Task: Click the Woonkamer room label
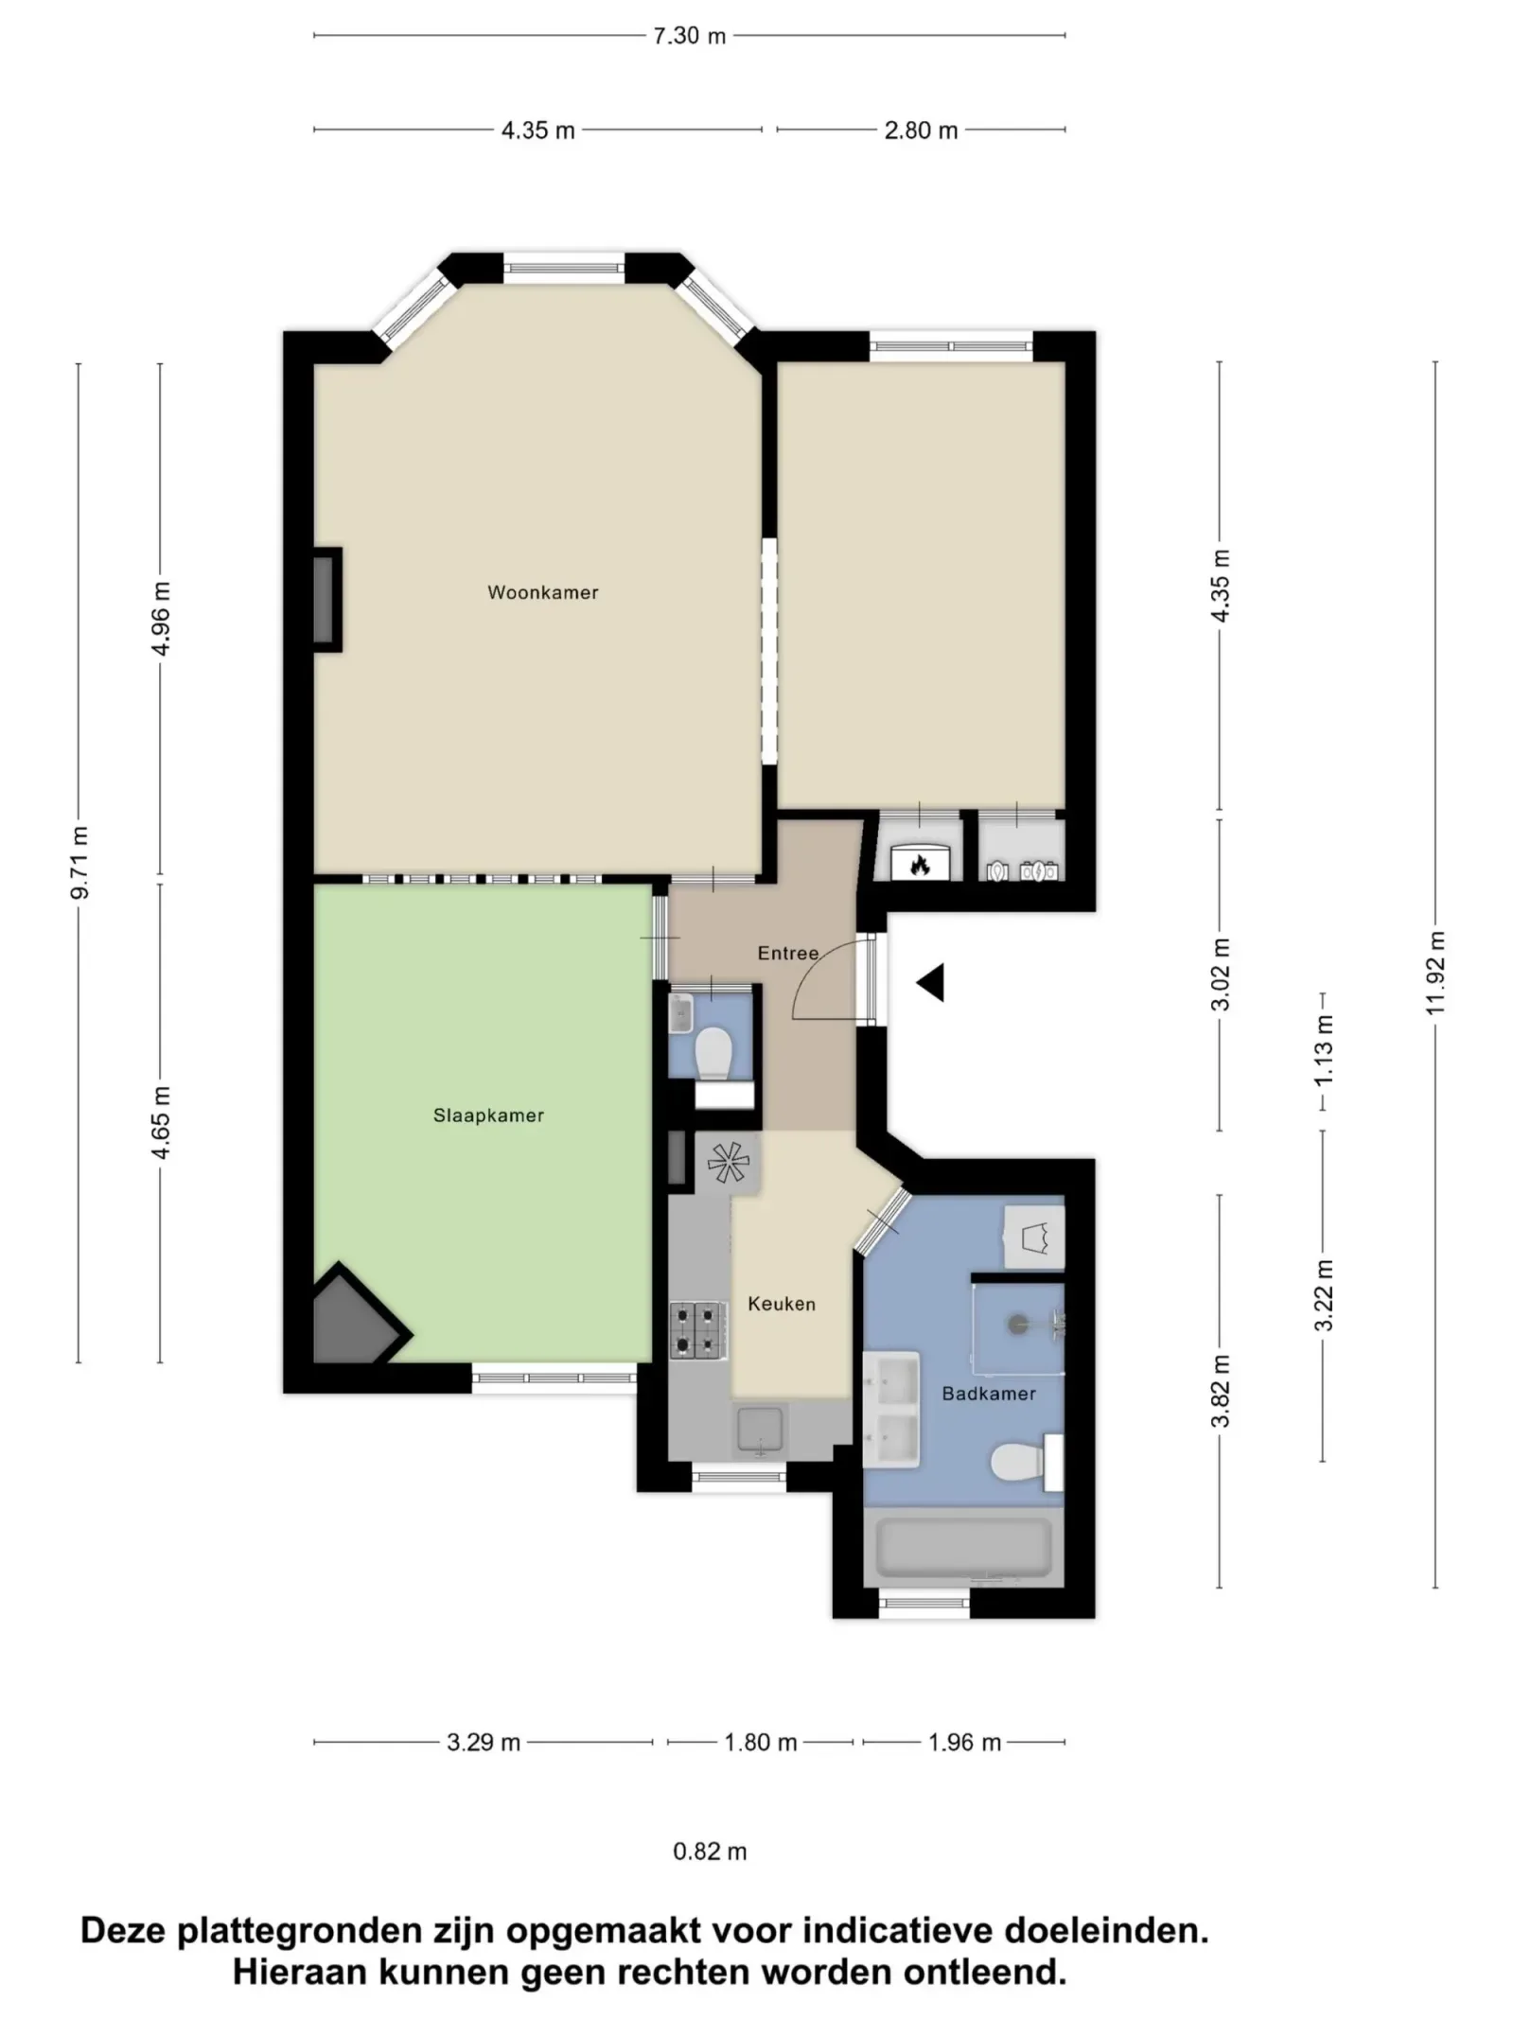[x=542, y=592]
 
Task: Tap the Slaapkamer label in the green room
[x=488, y=1115]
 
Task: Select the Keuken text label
[x=781, y=1304]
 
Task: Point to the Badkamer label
[x=988, y=1394]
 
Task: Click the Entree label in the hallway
[x=787, y=953]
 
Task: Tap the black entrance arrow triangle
[x=932, y=983]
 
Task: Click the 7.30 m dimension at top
[x=689, y=36]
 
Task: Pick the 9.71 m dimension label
[x=79, y=862]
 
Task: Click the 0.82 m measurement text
[x=710, y=1852]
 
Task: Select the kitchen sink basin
[x=759, y=1430]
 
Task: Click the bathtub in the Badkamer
[x=963, y=1548]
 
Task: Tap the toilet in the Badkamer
[x=1017, y=1463]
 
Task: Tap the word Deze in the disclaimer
[x=124, y=1930]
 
